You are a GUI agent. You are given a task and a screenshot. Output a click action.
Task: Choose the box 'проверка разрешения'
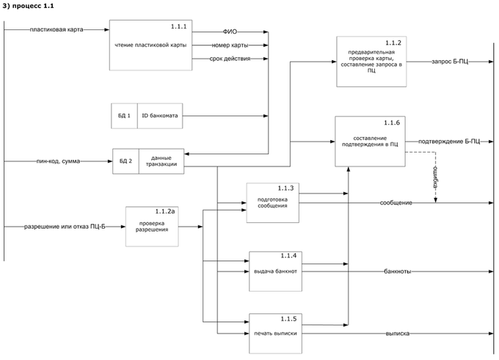click(152, 226)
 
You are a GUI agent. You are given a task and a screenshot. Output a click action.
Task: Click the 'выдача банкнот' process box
click(276, 271)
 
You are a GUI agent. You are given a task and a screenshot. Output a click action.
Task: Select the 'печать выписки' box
click(276, 334)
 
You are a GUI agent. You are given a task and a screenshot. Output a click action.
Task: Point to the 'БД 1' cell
click(124, 116)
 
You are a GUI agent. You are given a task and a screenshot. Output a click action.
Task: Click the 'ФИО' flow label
click(229, 32)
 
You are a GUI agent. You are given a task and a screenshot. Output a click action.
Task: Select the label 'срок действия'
click(229, 58)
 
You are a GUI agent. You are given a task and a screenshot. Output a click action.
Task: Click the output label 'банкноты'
click(397, 271)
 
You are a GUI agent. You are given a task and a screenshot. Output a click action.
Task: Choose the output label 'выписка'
click(397, 334)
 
